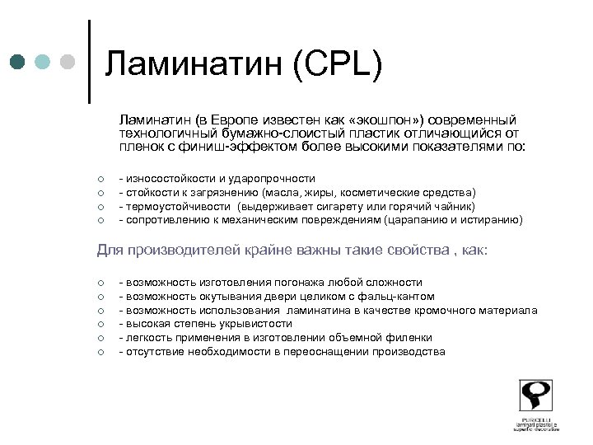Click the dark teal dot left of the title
click(x=18, y=63)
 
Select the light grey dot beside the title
click(x=68, y=63)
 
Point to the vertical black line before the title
click(x=89, y=62)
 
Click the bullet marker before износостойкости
click(x=98, y=179)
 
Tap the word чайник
click(x=452, y=206)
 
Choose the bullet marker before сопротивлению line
click(x=98, y=221)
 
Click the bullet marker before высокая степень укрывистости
click(x=98, y=325)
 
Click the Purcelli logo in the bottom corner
click(x=535, y=405)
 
